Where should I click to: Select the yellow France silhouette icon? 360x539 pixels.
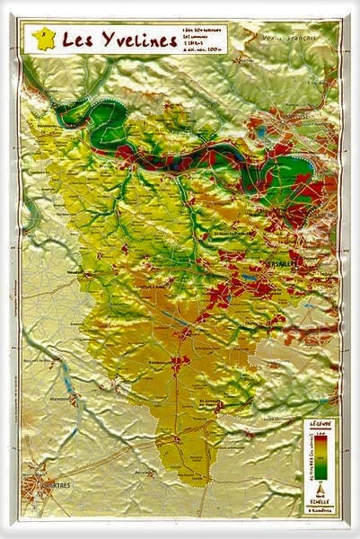(41, 39)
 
